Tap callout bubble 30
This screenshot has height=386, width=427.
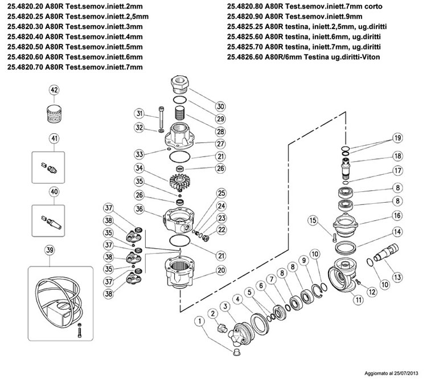pos(221,105)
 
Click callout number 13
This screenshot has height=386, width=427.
pos(397,277)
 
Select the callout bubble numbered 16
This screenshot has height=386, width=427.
pos(397,217)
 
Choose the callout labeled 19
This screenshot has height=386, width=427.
pos(397,138)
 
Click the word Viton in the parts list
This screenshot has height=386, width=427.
pos(368,58)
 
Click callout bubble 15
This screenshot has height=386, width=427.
pos(312,221)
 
